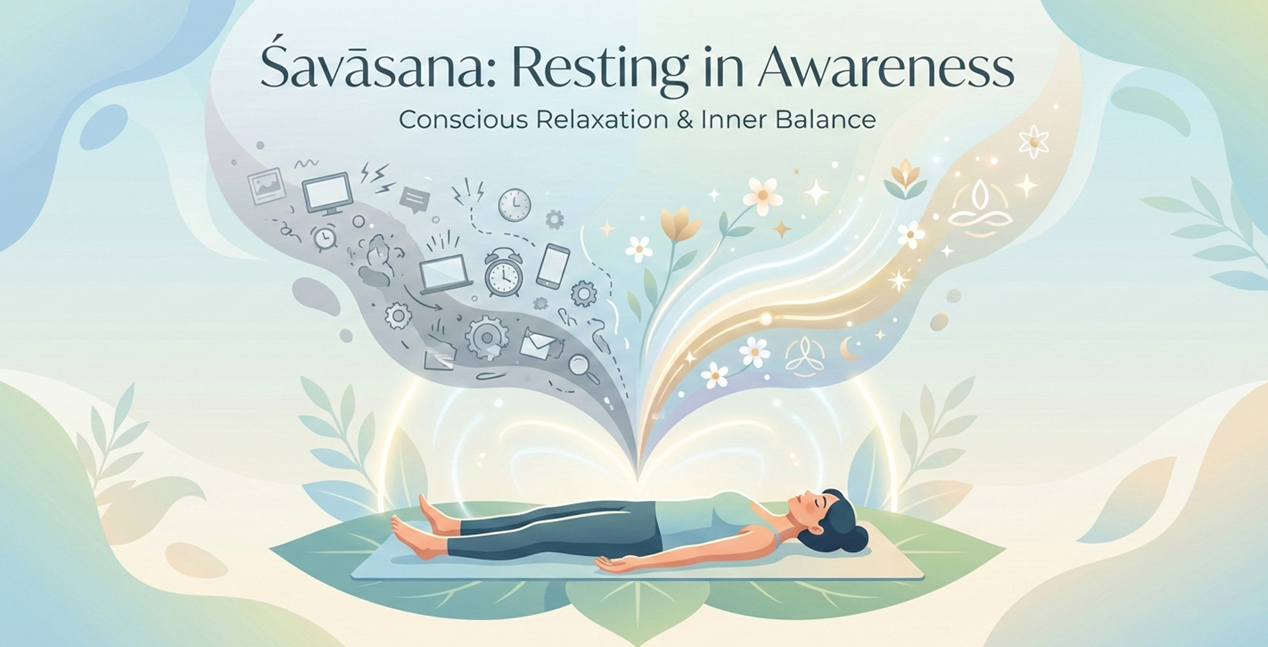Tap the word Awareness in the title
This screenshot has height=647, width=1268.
(885, 68)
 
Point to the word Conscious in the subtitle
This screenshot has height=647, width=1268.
(463, 120)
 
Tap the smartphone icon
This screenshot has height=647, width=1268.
(553, 266)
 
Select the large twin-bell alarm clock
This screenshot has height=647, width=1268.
(503, 272)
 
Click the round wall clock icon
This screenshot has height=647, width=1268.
(514, 205)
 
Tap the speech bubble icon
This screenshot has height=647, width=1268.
(415, 199)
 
